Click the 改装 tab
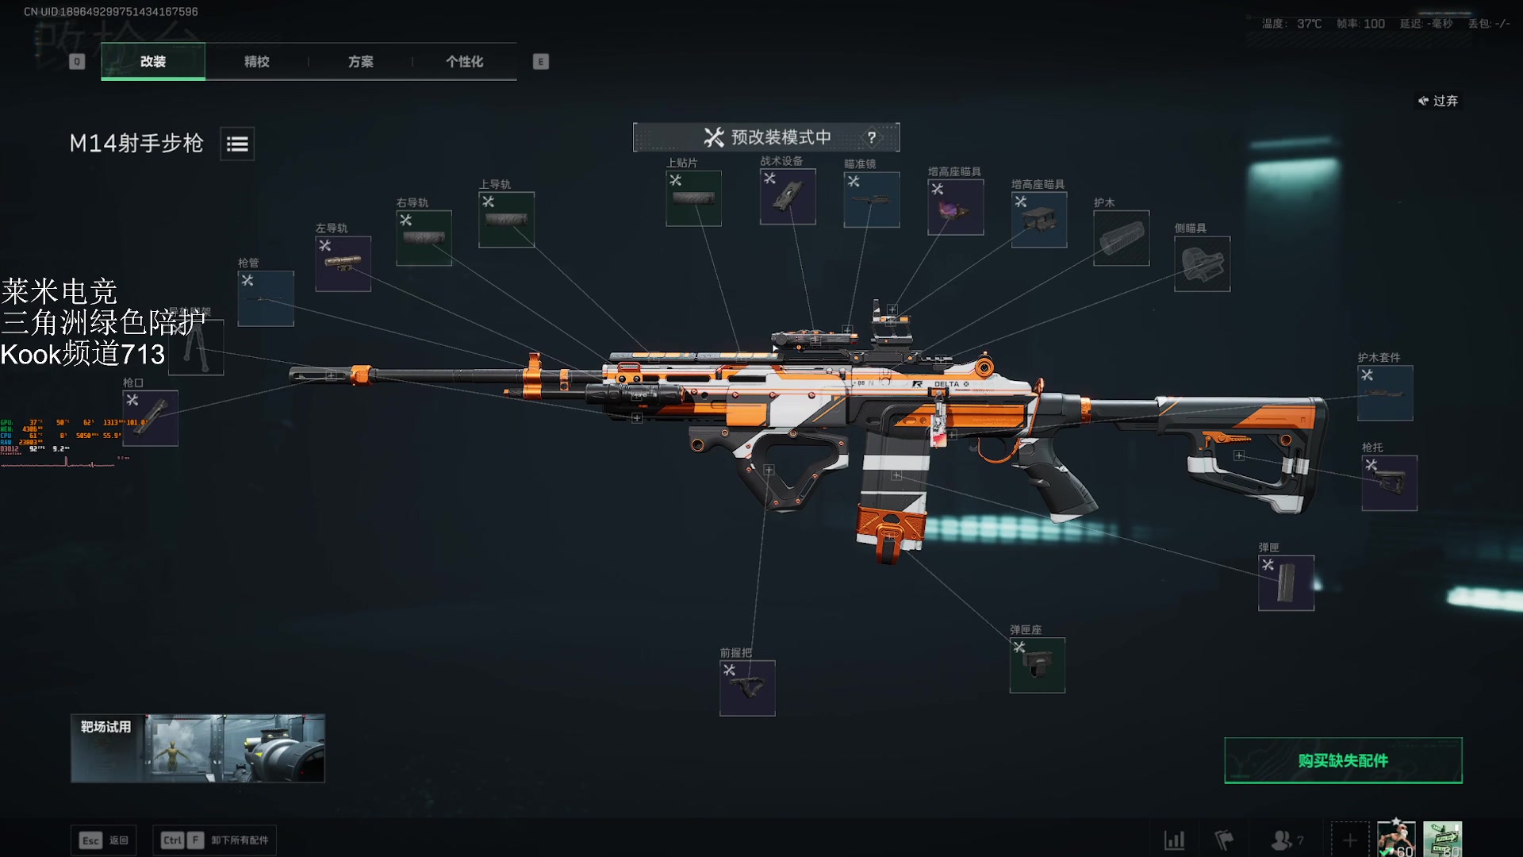153,62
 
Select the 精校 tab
256,62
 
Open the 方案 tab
360,62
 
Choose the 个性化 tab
464,62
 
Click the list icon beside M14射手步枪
237,144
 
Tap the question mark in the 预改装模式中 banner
872,137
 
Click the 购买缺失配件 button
1343,760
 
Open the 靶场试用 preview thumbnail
198,748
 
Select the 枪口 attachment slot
151,417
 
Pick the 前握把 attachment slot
747,688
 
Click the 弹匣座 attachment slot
1037,665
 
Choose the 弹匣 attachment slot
1286,582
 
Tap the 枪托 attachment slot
1389,482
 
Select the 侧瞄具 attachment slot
1202,263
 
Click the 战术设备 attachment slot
788,196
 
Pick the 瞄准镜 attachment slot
872,199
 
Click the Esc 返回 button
104,840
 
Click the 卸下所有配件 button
215,840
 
